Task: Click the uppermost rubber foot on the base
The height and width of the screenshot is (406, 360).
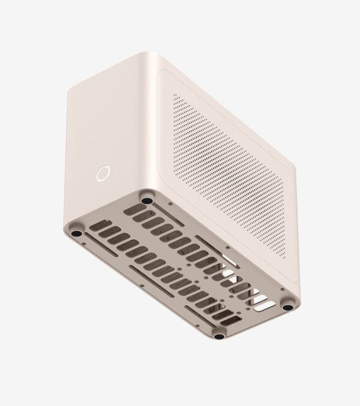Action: click(x=146, y=196)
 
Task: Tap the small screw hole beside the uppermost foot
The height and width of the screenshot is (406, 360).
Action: click(x=170, y=204)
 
